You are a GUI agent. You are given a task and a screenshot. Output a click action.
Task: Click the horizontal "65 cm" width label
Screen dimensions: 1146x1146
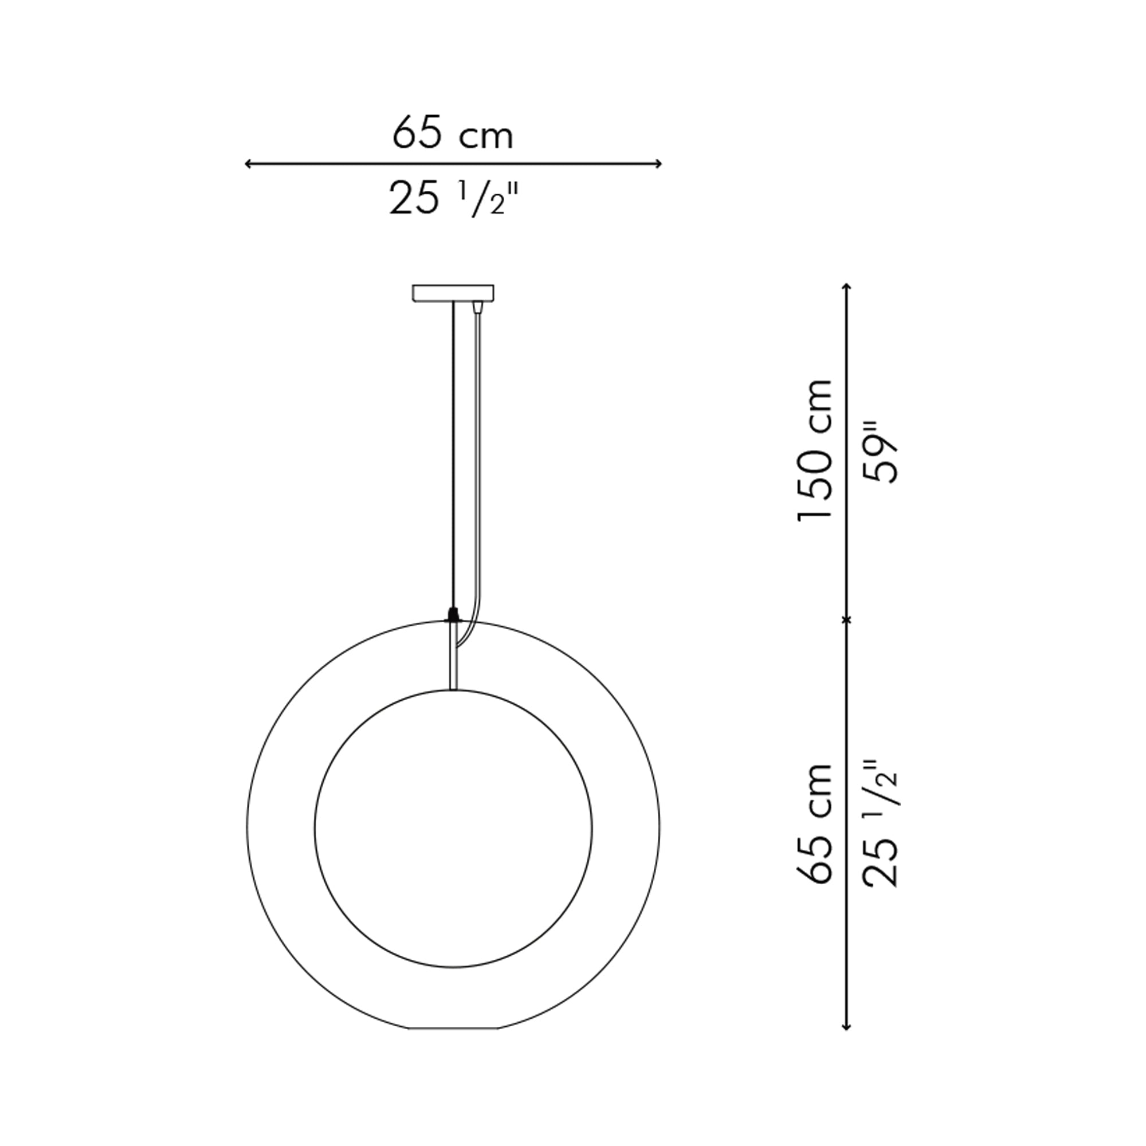pyautogui.click(x=453, y=134)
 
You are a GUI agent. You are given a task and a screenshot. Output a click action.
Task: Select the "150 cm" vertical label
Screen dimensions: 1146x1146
pyautogui.click(x=815, y=450)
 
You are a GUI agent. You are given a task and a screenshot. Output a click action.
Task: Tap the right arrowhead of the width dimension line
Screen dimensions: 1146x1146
pyautogui.click(x=658, y=164)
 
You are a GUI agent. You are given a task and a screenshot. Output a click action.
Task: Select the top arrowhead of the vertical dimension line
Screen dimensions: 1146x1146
pyautogui.click(x=847, y=288)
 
